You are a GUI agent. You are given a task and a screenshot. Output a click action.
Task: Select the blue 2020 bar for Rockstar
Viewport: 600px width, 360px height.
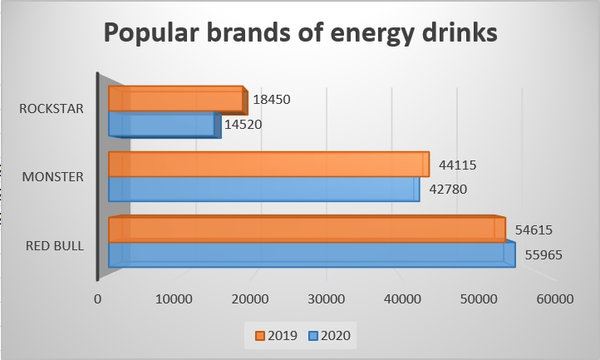pyautogui.click(x=164, y=125)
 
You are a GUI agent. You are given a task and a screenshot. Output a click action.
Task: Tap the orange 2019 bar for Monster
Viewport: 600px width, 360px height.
pyautogui.click(x=268, y=165)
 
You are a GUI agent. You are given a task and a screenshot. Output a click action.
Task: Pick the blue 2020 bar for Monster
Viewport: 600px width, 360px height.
pyautogui.click(x=263, y=189)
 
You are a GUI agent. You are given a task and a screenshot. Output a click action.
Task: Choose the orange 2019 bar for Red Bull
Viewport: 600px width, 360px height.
pyautogui.click(x=306, y=229)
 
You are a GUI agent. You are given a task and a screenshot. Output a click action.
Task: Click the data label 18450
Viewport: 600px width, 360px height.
pyautogui.click(x=272, y=100)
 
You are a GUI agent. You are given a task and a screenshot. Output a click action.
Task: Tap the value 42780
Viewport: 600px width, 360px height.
pyautogui.click(x=450, y=189)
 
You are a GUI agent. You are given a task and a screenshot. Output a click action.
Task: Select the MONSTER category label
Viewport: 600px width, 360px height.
pyautogui.click(x=54, y=176)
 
